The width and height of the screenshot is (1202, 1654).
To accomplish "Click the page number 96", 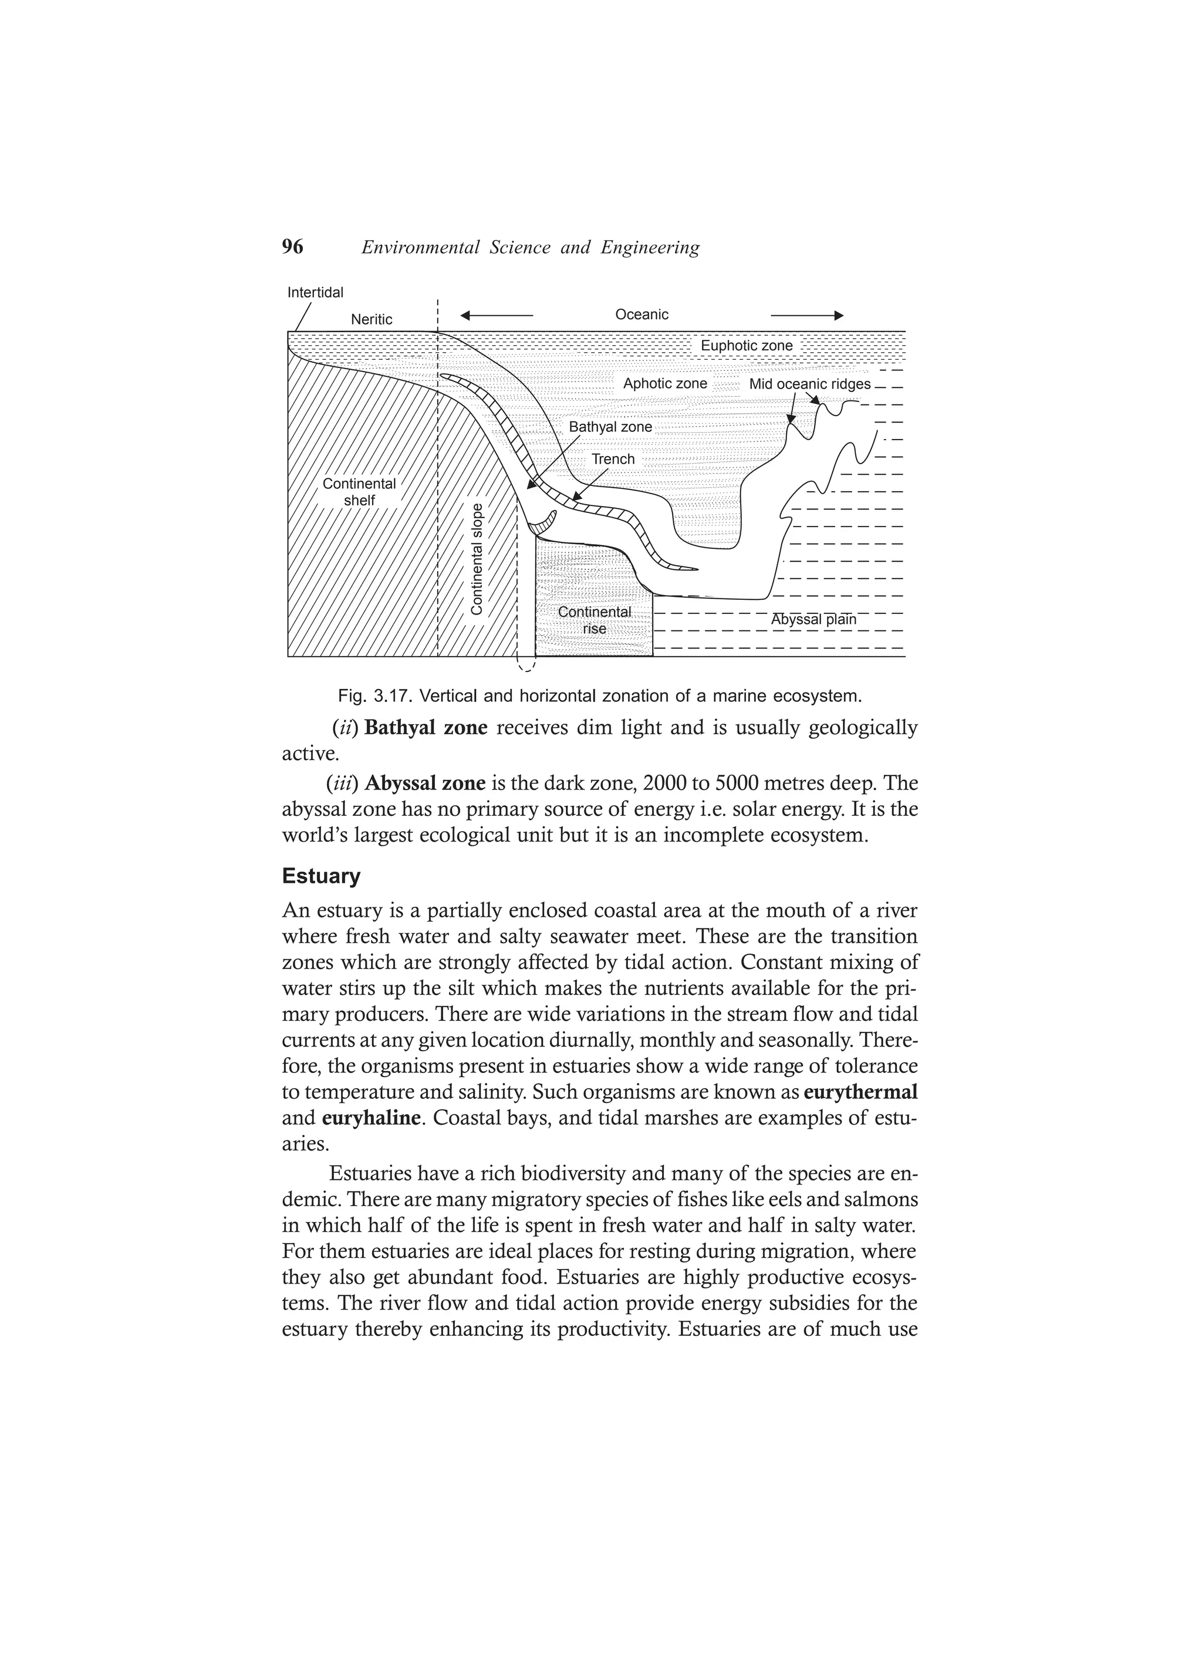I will tap(292, 247).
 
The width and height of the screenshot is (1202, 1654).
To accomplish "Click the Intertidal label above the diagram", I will tap(315, 292).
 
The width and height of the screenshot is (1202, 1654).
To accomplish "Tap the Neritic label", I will tap(372, 319).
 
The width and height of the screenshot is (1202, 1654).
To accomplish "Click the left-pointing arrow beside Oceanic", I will tap(497, 316).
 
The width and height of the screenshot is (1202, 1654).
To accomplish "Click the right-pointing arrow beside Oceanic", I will tap(806, 316).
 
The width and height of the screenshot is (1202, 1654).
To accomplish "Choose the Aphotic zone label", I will tap(664, 384).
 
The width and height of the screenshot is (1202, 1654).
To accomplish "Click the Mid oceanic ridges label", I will tap(809, 384).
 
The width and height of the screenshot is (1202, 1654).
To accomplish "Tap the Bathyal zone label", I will tap(610, 427).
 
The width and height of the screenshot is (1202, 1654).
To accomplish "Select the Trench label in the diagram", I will tap(613, 460).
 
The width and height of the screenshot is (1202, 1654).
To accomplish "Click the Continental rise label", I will tap(595, 620).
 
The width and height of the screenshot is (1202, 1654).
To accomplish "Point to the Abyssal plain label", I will tap(813, 620).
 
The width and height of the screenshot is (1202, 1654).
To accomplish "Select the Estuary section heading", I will tap(321, 876).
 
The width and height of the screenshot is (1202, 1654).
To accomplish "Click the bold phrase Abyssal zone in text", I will tap(426, 783).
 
